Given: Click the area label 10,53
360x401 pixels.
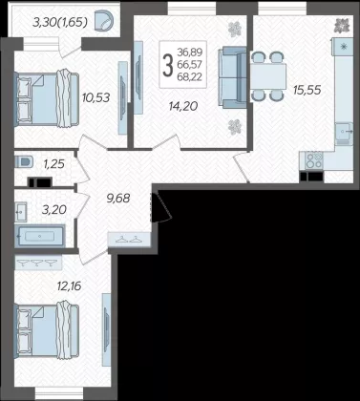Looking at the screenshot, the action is [x=95, y=97].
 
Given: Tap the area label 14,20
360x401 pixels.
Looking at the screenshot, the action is [x=183, y=106].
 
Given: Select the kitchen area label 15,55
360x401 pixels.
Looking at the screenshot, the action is [x=307, y=90].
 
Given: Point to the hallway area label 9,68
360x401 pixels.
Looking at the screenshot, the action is [x=118, y=199].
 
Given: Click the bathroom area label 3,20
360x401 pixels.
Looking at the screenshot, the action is [x=54, y=209].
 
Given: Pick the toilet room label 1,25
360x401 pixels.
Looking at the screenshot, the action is [x=54, y=164].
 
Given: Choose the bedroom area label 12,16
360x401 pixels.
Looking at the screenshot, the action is [x=69, y=285].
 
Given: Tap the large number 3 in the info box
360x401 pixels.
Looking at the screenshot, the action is [x=168, y=65].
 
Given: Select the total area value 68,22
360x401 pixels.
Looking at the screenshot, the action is [x=190, y=76].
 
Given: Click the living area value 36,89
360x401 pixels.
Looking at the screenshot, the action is [x=190, y=52].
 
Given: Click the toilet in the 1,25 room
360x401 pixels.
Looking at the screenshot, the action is [x=24, y=161].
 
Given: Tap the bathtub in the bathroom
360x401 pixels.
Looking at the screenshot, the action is [x=40, y=236].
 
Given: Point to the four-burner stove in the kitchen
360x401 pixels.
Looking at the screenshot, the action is [x=314, y=160].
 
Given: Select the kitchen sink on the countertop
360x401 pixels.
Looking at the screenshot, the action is [x=344, y=131].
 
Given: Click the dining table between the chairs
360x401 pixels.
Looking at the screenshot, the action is [x=268, y=76].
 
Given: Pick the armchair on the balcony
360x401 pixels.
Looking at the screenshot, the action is [x=103, y=21].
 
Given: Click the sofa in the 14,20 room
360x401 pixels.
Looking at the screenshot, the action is [x=232, y=77].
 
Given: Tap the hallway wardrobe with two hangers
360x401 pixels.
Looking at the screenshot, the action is [x=129, y=240].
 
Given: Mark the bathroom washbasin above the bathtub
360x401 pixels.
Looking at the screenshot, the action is [x=21, y=211].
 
